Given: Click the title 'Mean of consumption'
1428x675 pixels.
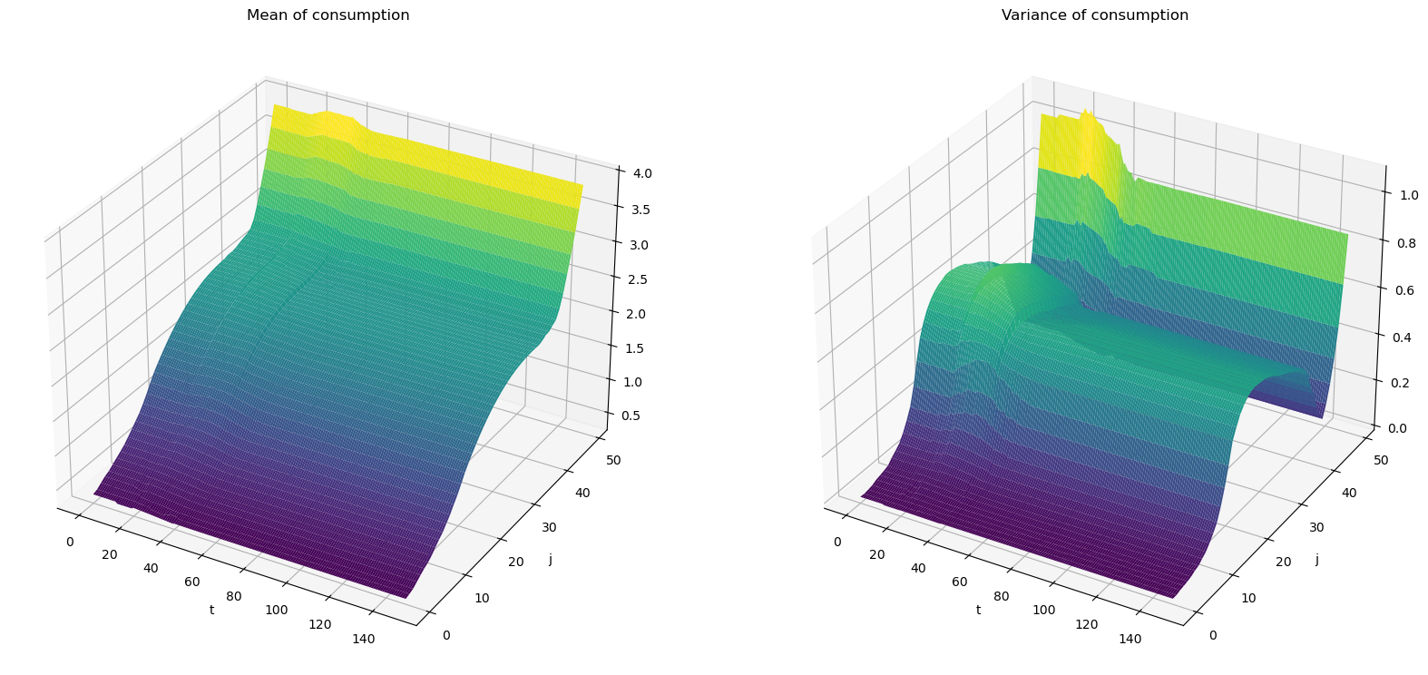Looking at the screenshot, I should tap(328, 15).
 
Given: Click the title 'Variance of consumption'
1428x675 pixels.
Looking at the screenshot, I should tap(1094, 15).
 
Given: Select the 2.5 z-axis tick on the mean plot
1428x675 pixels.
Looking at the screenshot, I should tap(642, 279).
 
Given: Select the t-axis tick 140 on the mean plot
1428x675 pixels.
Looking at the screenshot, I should tap(363, 639).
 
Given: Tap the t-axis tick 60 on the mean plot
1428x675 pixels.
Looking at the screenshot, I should tap(193, 581).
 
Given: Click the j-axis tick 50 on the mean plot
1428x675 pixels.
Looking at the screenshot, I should tap(614, 460).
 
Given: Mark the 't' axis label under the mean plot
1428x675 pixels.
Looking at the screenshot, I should tap(211, 610).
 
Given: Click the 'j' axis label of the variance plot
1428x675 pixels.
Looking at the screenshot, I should tap(1316, 560).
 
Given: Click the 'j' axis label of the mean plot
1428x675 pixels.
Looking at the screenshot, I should tap(550, 560).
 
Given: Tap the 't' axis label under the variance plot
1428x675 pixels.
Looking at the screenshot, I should tap(978, 610).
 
